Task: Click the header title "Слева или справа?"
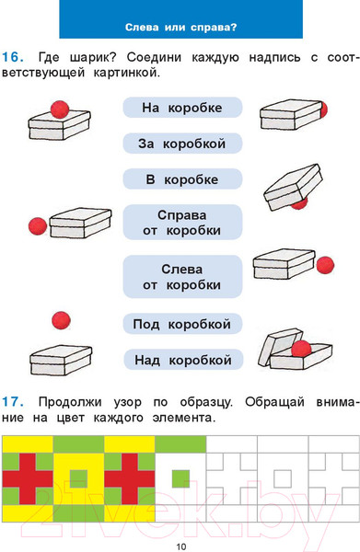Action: pos(180,26)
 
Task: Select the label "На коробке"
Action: pos(181,109)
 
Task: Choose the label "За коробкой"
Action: pos(181,144)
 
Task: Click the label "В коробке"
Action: pos(181,178)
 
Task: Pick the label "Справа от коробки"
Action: pos(181,222)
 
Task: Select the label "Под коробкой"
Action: pos(181,324)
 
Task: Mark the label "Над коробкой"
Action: pos(181,359)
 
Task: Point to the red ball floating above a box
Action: pos(61,319)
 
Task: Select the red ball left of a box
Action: pos(38,225)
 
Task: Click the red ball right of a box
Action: pos(325,264)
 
